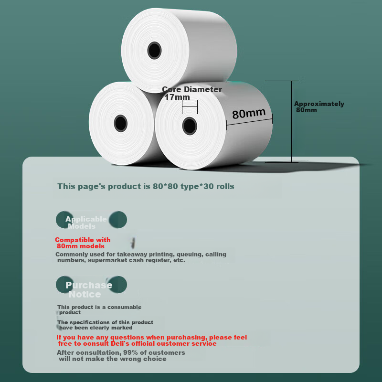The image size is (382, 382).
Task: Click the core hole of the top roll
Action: pyautogui.click(x=154, y=51)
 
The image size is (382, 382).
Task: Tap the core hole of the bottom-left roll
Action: pyautogui.click(x=121, y=123)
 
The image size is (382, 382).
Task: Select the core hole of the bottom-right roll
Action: pyautogui.click(x=190, y=126)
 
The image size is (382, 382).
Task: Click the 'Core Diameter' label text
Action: pyautogui.click(x=192, y=89)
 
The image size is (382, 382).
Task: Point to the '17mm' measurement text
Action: pyautogui.click(x=177, y=97)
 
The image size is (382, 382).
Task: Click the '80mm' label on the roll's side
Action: pyautogui.click(x=248, y=114)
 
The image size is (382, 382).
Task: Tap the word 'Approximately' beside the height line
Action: pyautogui.click(x=319, y=104)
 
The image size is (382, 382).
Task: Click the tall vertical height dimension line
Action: pyautogui.click(x=291, y=121)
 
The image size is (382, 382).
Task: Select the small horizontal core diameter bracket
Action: pyautogui.click(x=190, y=106)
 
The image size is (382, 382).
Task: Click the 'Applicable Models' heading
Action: pyautogui.click(x=86, y=223)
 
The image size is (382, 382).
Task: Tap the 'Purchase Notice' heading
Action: pyautogui.click(x=89, y=289)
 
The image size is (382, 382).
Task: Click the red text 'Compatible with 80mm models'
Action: pyautogui.click(x=83, y=243)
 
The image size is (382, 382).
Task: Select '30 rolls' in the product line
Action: pyautogui.click(x=219, y=186)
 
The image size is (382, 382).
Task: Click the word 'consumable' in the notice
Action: pyautogui.click(x=124, y=307)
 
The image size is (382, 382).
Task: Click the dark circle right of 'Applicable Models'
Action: pyautogui.click(x=118, y=220)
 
